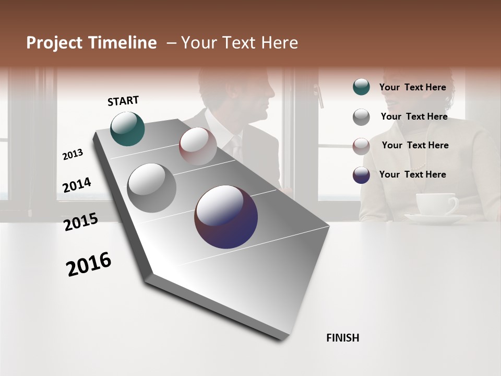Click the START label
123,101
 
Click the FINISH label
343,338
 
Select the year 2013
73,155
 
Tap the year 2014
77,185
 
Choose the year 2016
89,264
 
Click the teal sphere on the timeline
128,128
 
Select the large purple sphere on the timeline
226,217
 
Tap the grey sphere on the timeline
152,188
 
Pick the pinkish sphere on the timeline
198,146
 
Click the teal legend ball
361,87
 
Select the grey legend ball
361,117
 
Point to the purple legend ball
361,175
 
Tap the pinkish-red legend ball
361,146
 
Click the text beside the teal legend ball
412,87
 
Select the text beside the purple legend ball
412,174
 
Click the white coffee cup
436,205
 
